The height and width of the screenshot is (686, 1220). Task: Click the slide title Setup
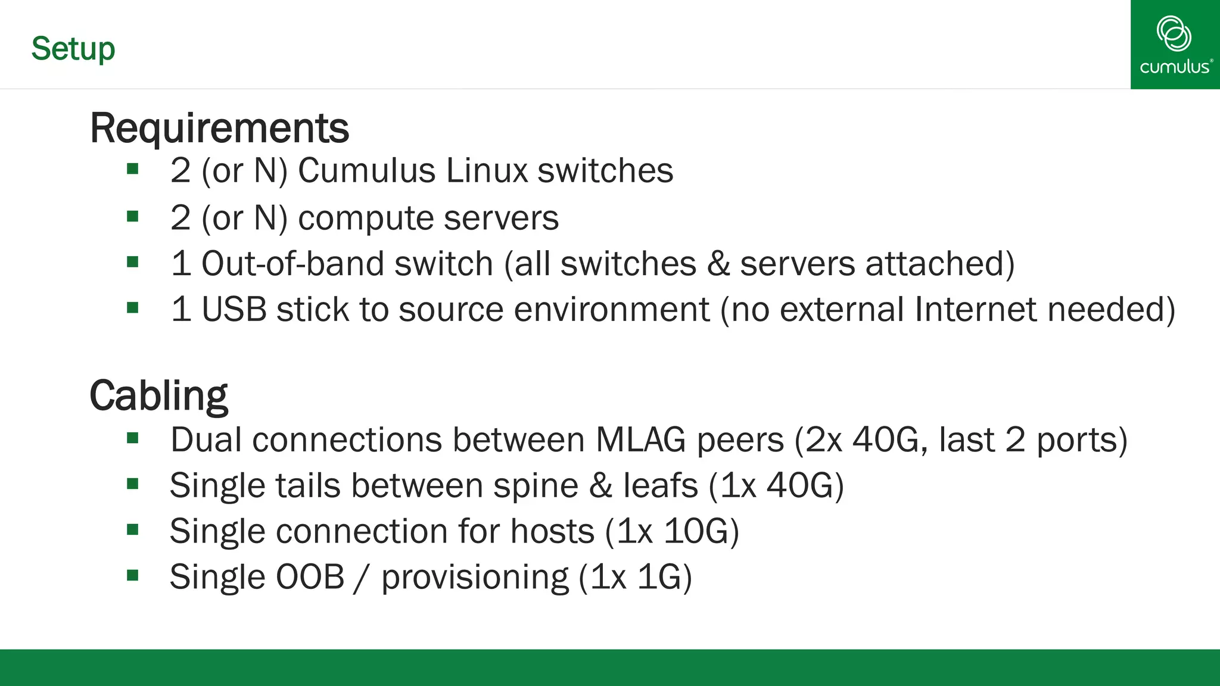73,49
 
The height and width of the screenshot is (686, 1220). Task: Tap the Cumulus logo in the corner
1175,45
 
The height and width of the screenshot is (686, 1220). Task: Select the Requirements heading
219,128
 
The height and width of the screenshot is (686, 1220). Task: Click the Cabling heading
158,396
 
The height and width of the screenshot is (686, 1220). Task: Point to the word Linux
486,171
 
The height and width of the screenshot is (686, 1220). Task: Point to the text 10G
696,531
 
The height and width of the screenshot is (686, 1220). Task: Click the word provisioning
475,578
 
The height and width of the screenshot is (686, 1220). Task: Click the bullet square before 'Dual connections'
133,439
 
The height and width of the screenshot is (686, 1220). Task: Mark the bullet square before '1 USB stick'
133,308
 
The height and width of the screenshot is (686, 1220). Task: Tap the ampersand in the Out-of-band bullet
718,264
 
